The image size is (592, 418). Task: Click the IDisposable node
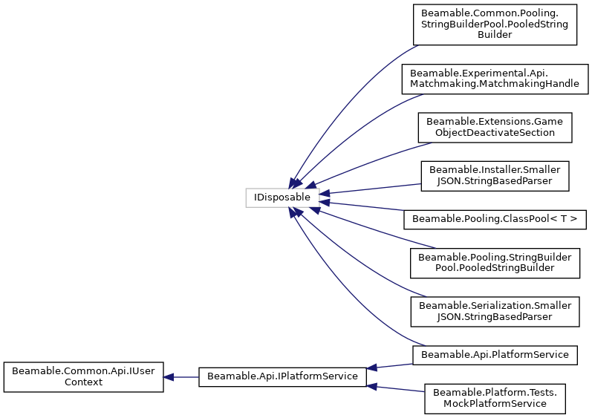pyautogui.click(x=282, y=198)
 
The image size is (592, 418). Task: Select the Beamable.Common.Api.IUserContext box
pyautogui.click(x=83, y=377)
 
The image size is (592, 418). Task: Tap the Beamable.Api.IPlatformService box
pyautogui.click(x=282, y=376)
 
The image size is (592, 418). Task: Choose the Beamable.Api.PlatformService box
pyautogui.click(x=495, y=354)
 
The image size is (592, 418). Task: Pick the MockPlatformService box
pyautogui.click(x=495, y=398)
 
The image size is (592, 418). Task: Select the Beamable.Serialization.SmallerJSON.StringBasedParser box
pyautogui.click(x=495, y=311)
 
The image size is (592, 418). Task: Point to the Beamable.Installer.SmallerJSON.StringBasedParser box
pyautogui.click(x=495, y=175)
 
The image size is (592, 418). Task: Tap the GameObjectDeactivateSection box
pyautogui.click(x=495, y=127)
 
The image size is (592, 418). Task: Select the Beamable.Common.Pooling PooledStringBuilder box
pyautogui.click(x=495, y=25)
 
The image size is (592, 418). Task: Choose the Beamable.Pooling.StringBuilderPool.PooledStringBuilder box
pyautogui.click(x=495, y=262)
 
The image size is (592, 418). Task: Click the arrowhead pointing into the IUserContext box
pyautogui.click(x=169, y=377)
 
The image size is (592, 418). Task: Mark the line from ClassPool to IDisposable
pyautogui.click(x=364, y=209)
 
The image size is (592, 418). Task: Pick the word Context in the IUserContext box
pyautogui.click(x=83, y=382)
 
